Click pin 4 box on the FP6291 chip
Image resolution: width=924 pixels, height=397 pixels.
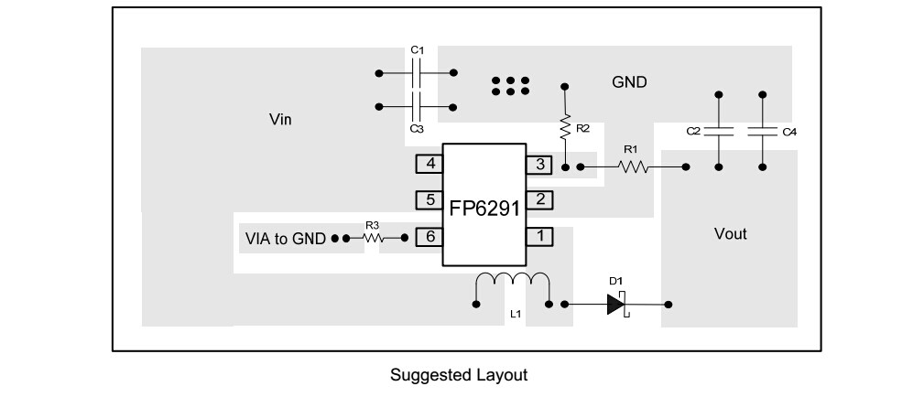click(428, 165)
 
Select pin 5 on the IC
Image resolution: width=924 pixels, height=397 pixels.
click(428, 198)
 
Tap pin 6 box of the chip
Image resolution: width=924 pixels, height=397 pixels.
click(428, 236)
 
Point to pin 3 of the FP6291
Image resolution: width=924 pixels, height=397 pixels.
click(540, 165)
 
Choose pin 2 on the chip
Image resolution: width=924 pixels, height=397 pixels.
click(540, 198)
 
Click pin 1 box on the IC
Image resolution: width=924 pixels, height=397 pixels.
click(540, 236)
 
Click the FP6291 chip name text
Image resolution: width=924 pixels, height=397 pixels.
click(484, 209)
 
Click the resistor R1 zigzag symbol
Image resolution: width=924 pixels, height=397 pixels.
click(633, 166)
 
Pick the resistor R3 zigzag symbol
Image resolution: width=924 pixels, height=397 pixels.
click(372, 237)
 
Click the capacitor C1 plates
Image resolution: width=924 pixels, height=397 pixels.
click(417, 70)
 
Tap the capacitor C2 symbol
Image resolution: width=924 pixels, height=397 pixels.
click(719, 131)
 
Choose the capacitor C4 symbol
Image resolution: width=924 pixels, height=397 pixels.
click(763, 131)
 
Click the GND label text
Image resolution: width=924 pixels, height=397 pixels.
click(629, 82)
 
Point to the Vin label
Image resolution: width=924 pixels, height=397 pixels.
click(280, 120)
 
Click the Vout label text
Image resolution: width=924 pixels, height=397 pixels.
click(730, 234)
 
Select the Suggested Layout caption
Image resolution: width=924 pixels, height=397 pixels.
click(459, 375)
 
